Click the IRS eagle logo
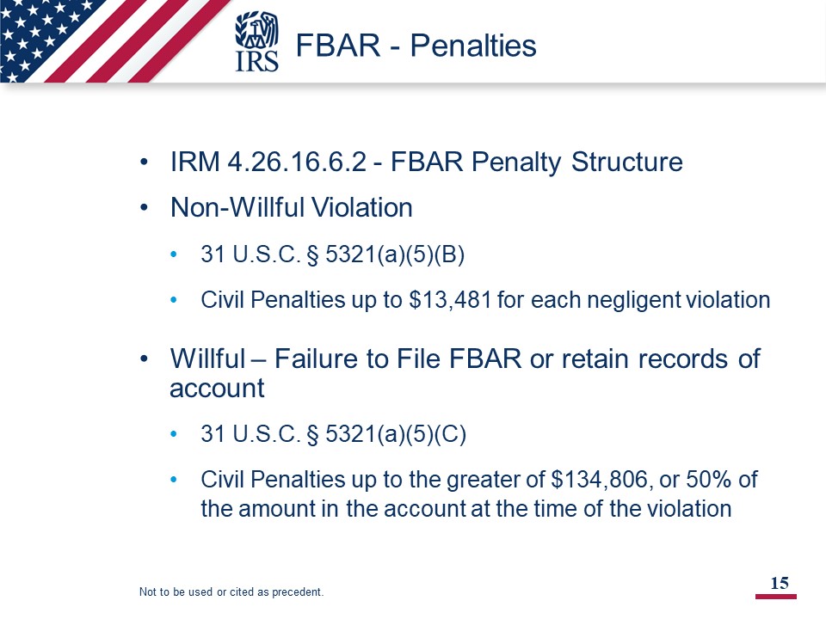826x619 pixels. click(x=256, y=42)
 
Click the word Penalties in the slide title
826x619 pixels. click(x=473, y=46)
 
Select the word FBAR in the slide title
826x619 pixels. click(x=337, y=46)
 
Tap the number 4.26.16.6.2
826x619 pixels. click(x=297, y=162)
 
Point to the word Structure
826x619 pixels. click(x=627, y=162)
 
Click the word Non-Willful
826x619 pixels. click(x=238, y=207)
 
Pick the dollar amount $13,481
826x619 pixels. click(x=450, y=300)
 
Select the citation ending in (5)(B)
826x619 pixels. click(x=332, y=254)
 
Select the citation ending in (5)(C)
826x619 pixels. click(x=334, y=435)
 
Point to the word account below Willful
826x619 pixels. click(x=217, y=389)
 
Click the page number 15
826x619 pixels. click(x=780, y=583)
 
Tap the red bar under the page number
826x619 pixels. click(x=776, y=597)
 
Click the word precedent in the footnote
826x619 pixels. click(x=297, y=592)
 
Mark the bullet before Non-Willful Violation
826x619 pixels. click(x=145, y=208)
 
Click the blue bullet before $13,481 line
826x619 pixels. click(x=174, y=300)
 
